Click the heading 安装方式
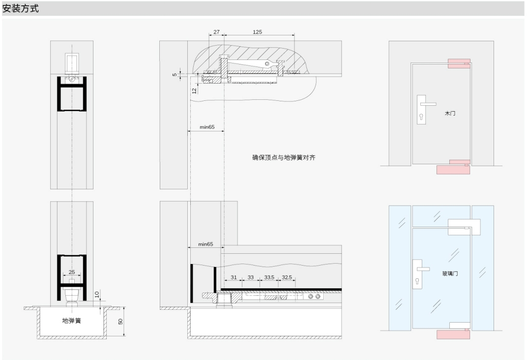coord(21,8)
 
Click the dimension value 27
coord(216,32)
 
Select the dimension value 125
coord(257,32)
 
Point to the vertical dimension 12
coord(194,91)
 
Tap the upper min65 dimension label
coord(207,127)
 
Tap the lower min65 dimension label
coord(205,244)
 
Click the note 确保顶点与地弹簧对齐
coord(284,157)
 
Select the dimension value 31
coord(234,277)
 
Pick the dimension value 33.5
coord(269,277)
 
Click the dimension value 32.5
coord(287,277)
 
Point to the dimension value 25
coord(72,272)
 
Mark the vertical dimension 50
coord(120,321)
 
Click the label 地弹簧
coord(72,321)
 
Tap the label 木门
coord(450,113)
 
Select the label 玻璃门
coord(450,273)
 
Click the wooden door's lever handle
coord(428,104)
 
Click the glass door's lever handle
coord(423,269)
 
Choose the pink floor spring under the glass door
coord(453,334)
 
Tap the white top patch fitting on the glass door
coord(464,227)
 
